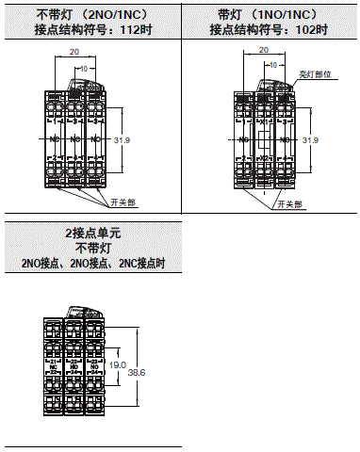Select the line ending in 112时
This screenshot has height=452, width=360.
[90, 30]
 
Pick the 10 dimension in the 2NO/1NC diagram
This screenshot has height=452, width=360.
[87, 68]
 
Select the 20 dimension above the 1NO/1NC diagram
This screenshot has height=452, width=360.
[263, 55]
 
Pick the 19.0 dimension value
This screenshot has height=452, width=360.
[116, 364]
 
